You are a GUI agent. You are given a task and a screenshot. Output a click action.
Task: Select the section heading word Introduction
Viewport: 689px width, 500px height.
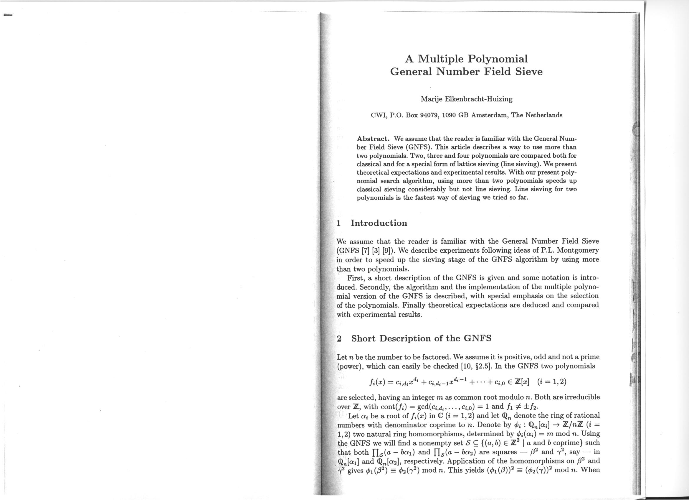tap(379, 223)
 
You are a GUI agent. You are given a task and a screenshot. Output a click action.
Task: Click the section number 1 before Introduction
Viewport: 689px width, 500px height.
tap(339, 223)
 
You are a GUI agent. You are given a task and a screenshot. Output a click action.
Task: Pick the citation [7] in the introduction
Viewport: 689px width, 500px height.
tap(365, 251)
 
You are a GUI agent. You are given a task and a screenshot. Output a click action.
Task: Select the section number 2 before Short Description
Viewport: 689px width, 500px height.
tap(339, 338)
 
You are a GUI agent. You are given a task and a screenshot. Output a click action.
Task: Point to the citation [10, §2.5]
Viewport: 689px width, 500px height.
tap(476, 366)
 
